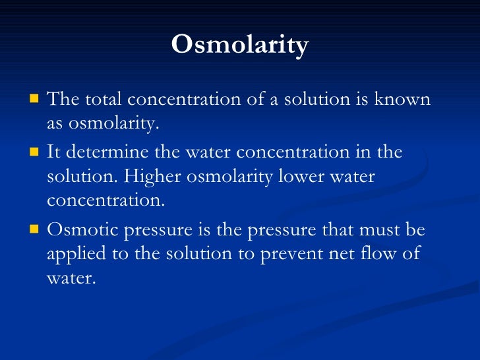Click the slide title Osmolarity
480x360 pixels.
[x=239, y=45]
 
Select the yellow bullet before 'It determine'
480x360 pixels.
[x=34, y=152]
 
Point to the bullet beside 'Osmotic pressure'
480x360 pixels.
[x=34, y=230]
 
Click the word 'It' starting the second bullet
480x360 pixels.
[x=54, y=152]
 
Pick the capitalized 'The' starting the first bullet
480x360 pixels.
[x=63, y=100]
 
